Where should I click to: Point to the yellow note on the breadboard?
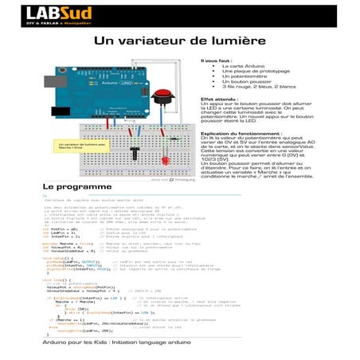pos(72,146)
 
